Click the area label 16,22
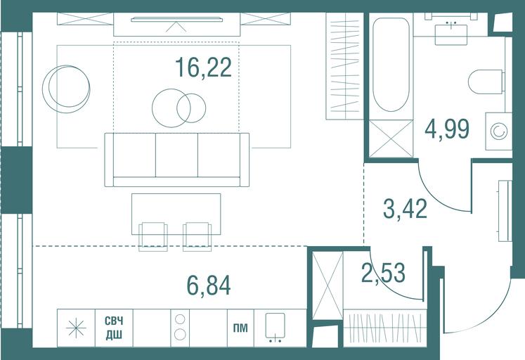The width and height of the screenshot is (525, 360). coord(203,67)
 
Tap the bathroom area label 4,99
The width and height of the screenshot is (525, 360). coord(447,129)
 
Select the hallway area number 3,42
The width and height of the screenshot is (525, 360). coord(405,208)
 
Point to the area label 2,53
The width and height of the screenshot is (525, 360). coord(383,272)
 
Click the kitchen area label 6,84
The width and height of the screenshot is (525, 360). coord(209,285)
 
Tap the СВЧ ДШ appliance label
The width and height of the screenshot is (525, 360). coord(114,328)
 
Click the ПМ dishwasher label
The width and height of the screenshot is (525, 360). coord(240,328)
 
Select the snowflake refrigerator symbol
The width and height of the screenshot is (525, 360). coord(76,328)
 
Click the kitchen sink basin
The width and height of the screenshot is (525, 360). coord(276,326)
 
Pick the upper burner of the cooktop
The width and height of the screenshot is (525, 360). coord(180,319)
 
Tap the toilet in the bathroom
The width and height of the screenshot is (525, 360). coord(486,82)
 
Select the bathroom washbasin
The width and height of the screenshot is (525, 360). coord(451,34)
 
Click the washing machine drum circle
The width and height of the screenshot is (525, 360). coord(499,131)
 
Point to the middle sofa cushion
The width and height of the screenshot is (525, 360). coord(176,155)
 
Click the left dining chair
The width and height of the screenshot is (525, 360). coord(153,236)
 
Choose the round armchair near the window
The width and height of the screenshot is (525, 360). coord(66,89)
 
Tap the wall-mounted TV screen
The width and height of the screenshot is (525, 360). coord(177,20)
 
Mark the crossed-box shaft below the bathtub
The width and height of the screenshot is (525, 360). coord(391,139)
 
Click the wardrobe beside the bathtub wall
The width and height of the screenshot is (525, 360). coord(344,66)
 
